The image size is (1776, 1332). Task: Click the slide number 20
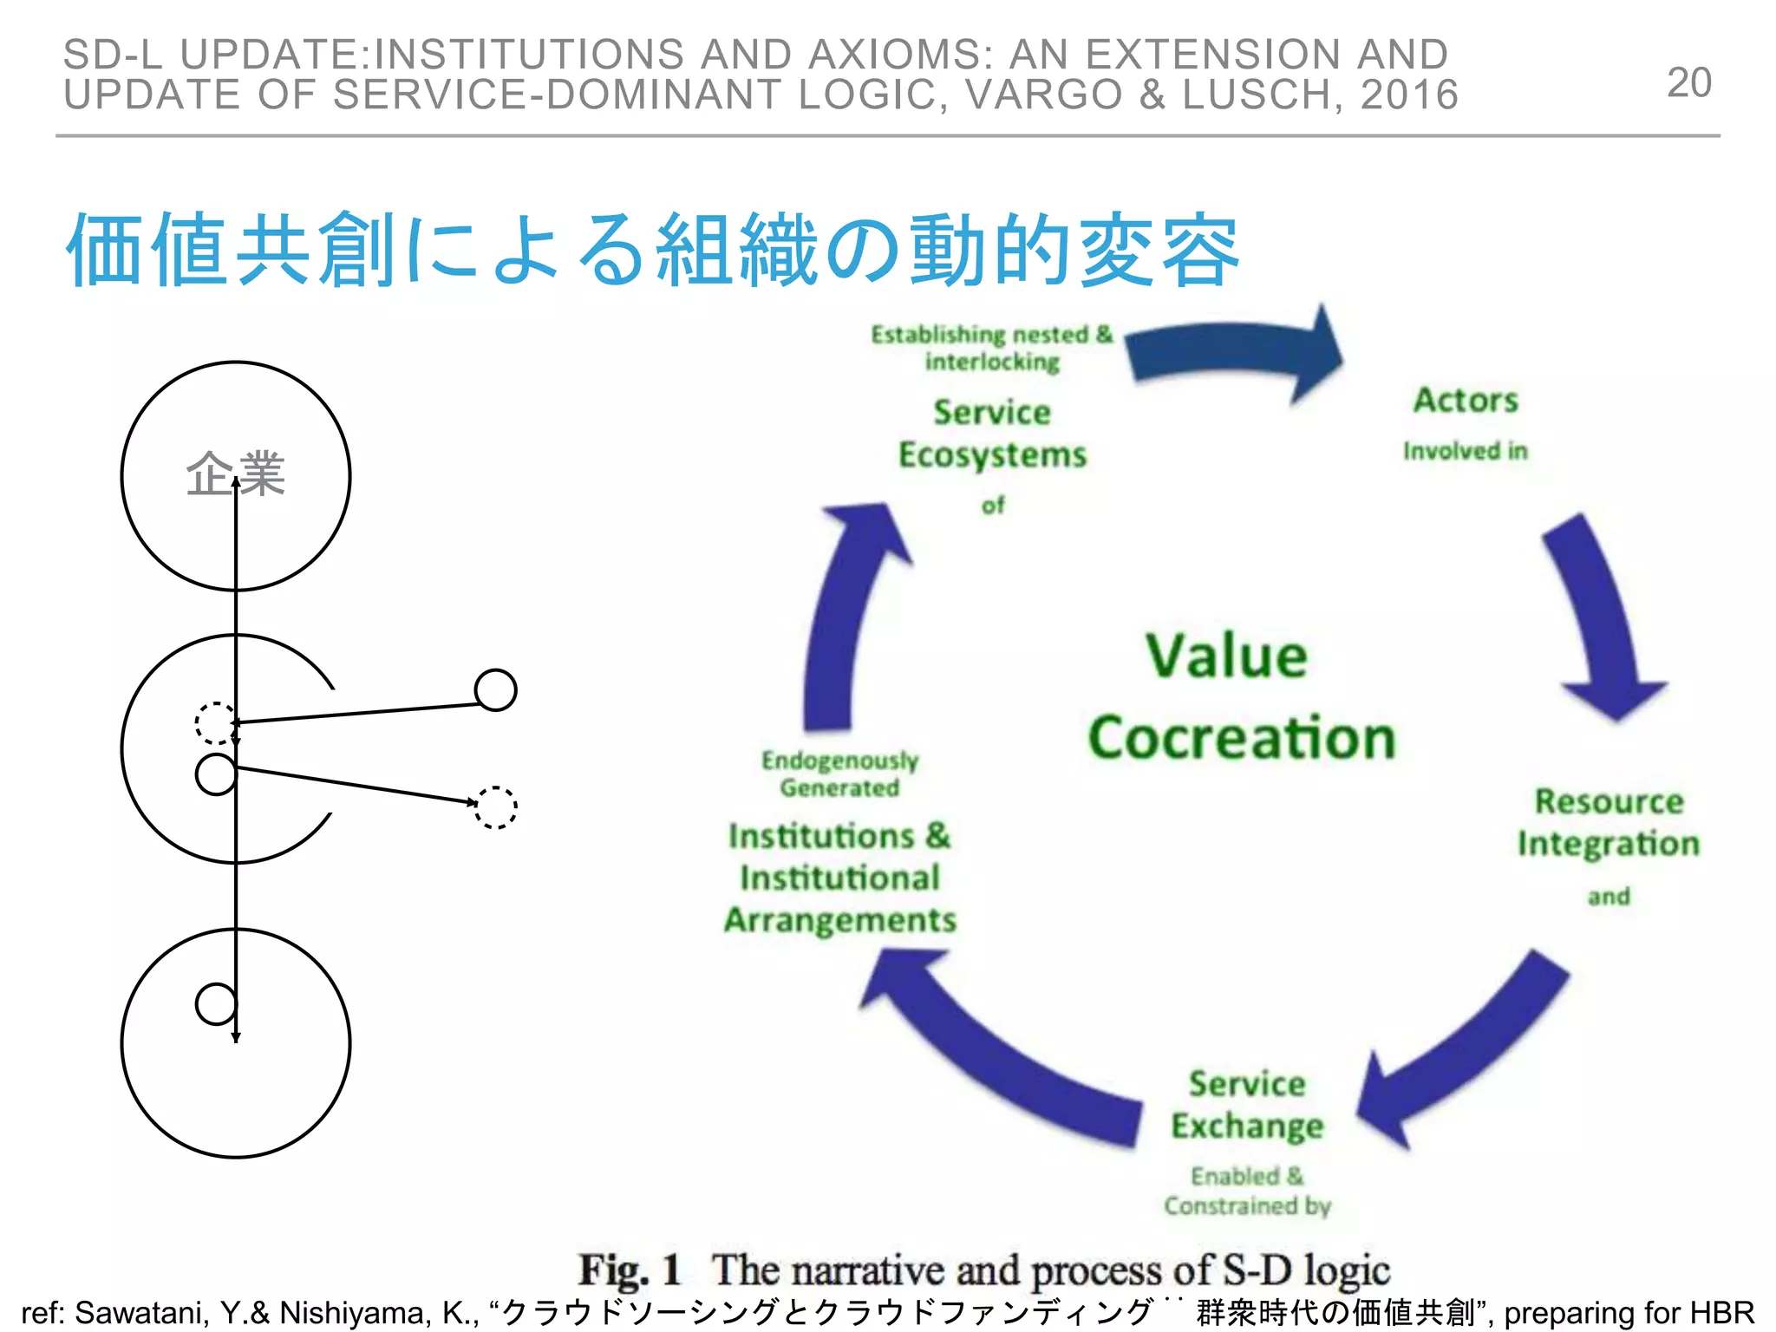(x=1688, y=83)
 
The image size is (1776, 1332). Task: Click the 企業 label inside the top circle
(x=235, y=474)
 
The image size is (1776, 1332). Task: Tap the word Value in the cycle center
(x=1226, y=656)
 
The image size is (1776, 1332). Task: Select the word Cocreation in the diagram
(x=1242, y=738)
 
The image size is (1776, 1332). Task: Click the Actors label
(x=1466, y=401)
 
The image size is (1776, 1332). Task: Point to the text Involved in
(x=1465, y=451)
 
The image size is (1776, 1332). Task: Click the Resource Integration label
(x=1609, y=822)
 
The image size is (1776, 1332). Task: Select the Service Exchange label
(x=1247, y=1105)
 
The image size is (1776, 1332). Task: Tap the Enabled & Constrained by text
(x=1247, y=1191)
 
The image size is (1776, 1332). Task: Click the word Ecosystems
(x=992, y=455)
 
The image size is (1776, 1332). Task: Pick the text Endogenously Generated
(x=839, y=774)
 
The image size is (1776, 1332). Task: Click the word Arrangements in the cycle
(x=839, y=920)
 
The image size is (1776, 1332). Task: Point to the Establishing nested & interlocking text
(x=992, y=348)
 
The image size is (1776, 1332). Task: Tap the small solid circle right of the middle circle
(x=496, y=690)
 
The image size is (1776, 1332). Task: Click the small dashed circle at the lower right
(x=496, y=807)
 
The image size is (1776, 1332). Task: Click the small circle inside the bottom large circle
(x=216, y=1004)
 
